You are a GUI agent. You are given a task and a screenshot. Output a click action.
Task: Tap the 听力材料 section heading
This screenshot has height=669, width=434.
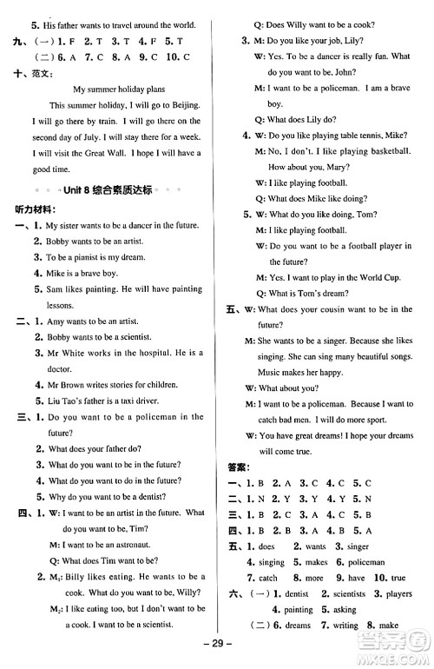[x=32, y=210]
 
